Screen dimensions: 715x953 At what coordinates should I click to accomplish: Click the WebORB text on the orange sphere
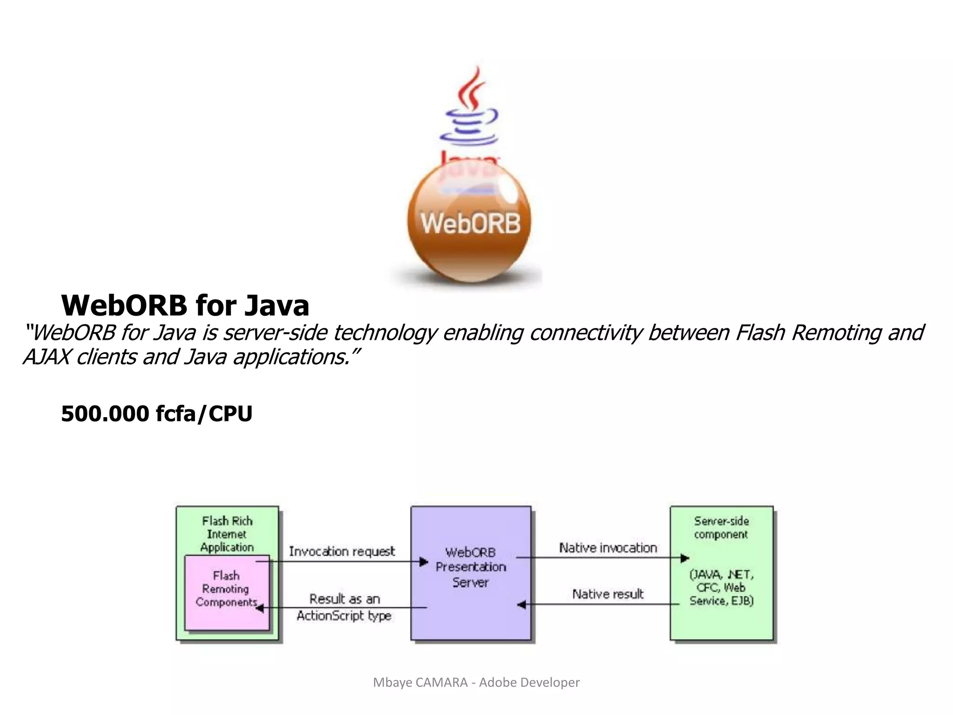click(470, 223)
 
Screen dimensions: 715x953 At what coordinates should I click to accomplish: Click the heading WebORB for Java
click(185, 306)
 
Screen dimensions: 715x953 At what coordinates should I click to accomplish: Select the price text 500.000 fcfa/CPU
click(156, 414)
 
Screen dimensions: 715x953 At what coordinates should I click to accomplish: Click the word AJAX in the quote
click(47, 357)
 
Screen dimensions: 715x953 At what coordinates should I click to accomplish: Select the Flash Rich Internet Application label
click(227, 534)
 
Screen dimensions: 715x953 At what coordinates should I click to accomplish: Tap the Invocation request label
click(342, 552)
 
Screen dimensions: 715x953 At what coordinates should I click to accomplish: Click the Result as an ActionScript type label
click(344, 607)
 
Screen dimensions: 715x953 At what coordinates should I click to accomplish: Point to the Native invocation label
click(608, 548)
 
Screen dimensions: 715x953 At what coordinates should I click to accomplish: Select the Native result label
click(608, 594)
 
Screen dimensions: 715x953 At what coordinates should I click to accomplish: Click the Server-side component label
click(721, 527)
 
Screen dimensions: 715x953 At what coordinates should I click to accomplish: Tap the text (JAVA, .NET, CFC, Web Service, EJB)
click(721, 587)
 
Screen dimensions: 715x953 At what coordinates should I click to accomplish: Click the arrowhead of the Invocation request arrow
click(423, 562)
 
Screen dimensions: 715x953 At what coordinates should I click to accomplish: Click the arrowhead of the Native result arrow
click(522, 605)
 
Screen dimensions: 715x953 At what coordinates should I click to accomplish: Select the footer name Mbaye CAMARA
click(420, 682)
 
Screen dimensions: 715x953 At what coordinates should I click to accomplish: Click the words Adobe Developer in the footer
click(529, 682)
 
